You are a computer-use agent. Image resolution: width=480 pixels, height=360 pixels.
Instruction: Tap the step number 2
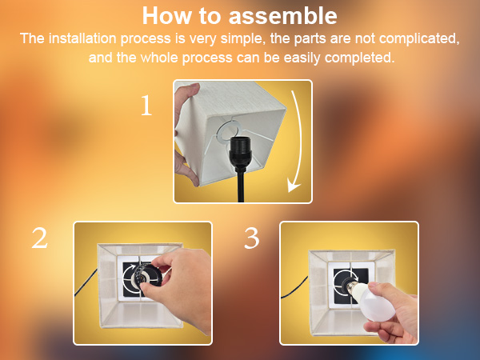pos(40,238)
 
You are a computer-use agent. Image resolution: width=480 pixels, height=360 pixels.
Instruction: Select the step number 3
pos(252,238)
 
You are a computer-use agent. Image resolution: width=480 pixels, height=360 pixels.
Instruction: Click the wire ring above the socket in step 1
pos(230,128)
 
